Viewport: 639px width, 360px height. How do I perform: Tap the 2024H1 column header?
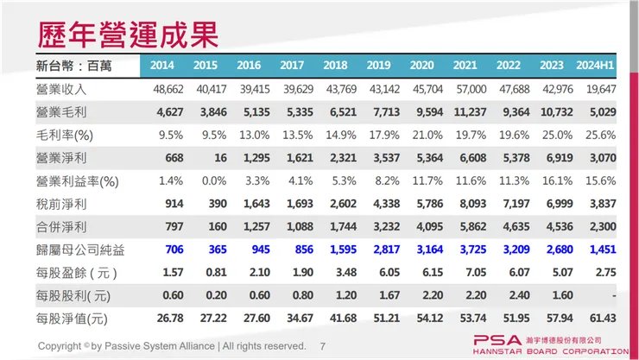(x=596, y=66)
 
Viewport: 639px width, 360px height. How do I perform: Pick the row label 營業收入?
(x=63, y=89)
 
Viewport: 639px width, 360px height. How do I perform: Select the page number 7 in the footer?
(x=323, y=345)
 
